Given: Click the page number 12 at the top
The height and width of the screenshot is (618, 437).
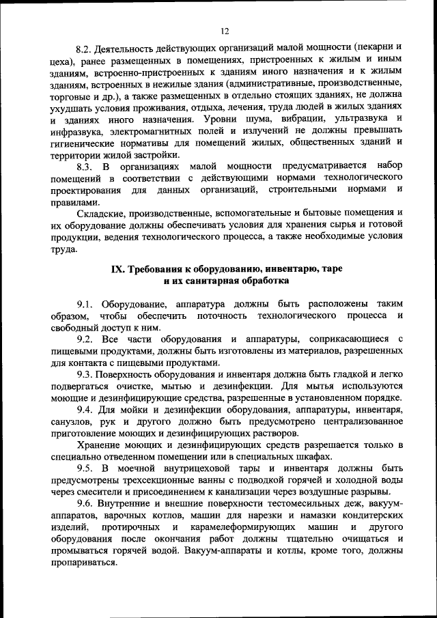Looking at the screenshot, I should (224, 31).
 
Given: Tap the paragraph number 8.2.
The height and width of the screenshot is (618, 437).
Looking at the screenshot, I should (84, 49).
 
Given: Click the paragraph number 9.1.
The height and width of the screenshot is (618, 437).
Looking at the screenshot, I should (85, 303).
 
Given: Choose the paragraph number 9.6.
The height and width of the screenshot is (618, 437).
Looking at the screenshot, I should (85, 504).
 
